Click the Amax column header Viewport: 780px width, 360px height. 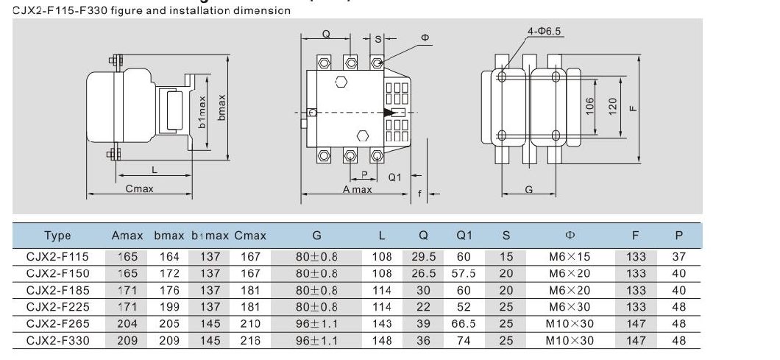[127, 236]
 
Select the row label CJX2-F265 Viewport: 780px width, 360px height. [57, 323]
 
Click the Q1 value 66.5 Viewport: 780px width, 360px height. [465, 323]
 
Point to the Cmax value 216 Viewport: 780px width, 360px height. [250, 340]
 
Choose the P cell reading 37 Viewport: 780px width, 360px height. [678, 257]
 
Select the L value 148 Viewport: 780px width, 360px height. [381, 340]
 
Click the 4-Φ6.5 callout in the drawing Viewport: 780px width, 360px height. [545, 31]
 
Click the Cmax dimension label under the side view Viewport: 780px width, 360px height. [139, 189]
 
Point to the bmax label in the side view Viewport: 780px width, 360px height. [221, 108]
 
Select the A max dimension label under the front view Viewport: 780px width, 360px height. [358, 189]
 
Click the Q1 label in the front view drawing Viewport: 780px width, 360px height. [394, 177]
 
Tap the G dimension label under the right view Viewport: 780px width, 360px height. [528, 189]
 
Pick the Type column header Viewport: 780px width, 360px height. [57, 236]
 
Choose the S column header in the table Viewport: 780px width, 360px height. [506, 236]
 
